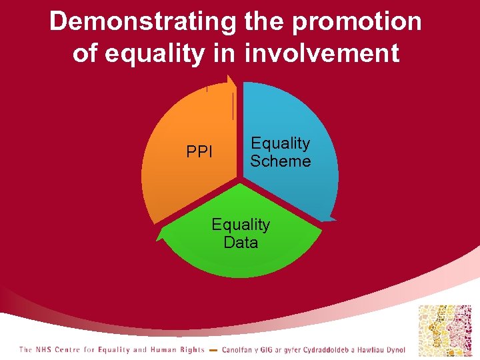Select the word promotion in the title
click(x=357, y=21)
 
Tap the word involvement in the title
click(x=322, y=53)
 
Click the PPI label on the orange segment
click(x=199, y=153)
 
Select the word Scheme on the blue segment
click(x=280, y=161)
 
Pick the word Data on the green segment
click(x=241, y=243)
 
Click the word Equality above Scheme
click(x=280, y=143)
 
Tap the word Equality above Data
click(x=241, y=225)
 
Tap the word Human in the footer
click(x=165, y=350)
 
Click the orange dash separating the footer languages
click(x=213, y=350)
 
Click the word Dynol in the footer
click(x=394, y=350)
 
